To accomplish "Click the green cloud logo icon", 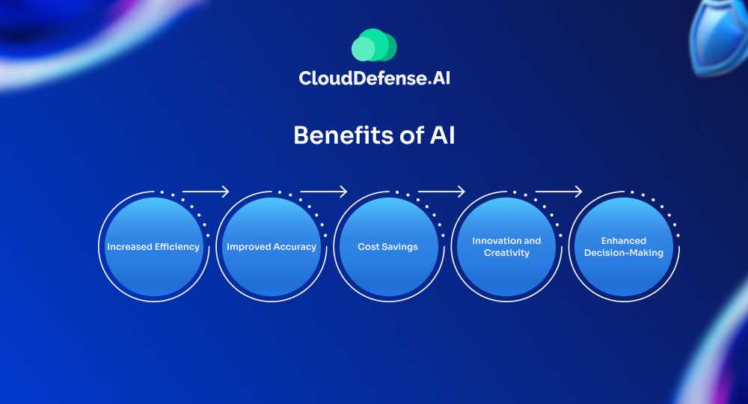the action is coord(374,45).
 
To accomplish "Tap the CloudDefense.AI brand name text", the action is coord(375,79).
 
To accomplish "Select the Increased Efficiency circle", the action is coord(153,247).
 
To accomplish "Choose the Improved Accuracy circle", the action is coord(272,247).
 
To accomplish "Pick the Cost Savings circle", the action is coord(388,247).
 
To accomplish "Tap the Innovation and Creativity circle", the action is coord(506,247).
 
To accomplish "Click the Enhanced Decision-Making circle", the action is coord(624,247).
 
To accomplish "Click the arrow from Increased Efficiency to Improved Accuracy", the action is coord(206,192).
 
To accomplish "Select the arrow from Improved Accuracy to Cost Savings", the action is coord(323,192).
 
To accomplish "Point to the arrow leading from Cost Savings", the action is coord(441,192).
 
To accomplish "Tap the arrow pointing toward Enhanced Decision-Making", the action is coord(559,192).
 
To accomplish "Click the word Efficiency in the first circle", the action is coord(175,247).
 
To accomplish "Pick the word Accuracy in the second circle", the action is coord(294,247).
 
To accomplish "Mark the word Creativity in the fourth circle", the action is coord(506,253).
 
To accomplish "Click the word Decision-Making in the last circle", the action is coord(624,253).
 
